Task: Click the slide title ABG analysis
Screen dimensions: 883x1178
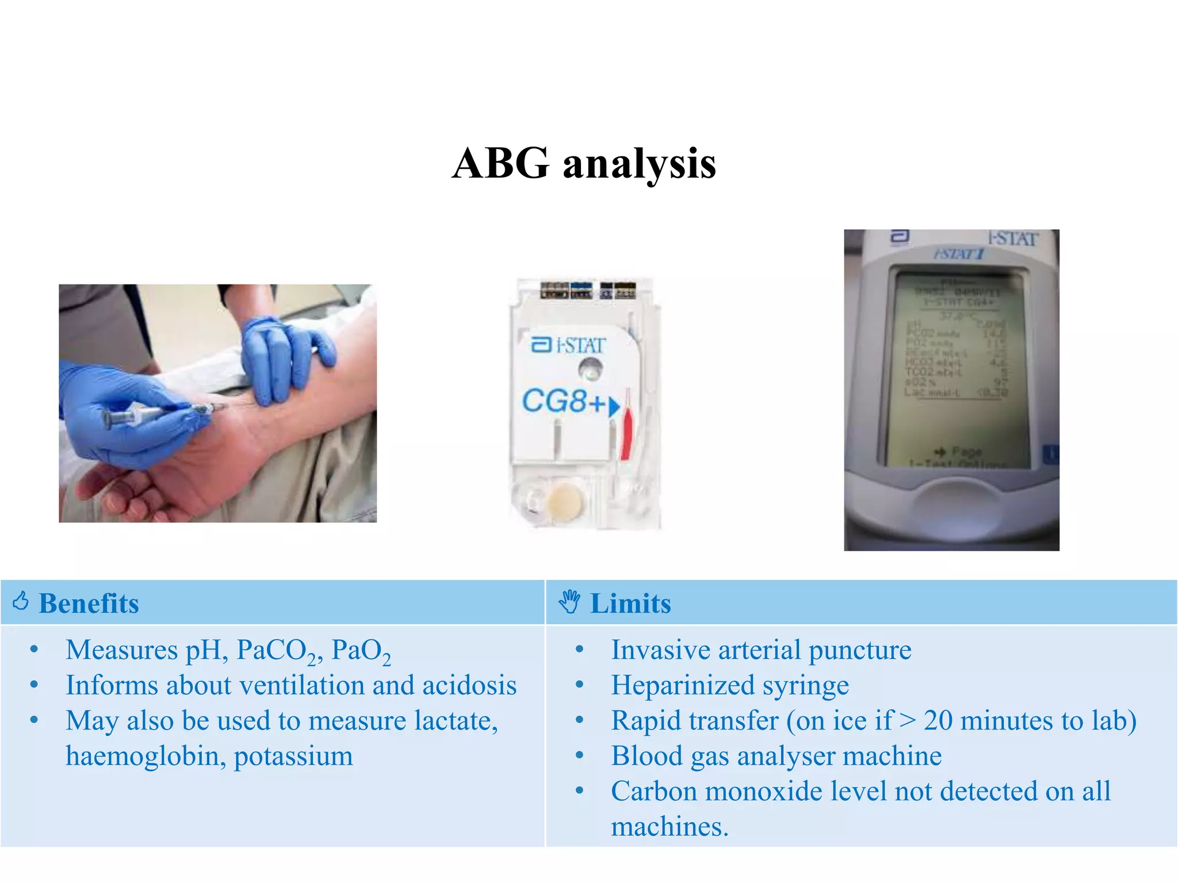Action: pos(584,164)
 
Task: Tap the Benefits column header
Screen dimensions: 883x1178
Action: pos(89,604)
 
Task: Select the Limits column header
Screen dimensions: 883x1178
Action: pos(630,604)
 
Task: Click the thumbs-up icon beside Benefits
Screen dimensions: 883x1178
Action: pos(21,601)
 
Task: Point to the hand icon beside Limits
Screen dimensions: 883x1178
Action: pos(569,602)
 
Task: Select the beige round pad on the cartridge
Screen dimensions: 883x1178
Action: pos(564,499)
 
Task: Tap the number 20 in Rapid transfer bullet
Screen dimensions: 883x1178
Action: pos(938,721)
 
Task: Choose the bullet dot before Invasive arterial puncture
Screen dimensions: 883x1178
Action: pos(580,650)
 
